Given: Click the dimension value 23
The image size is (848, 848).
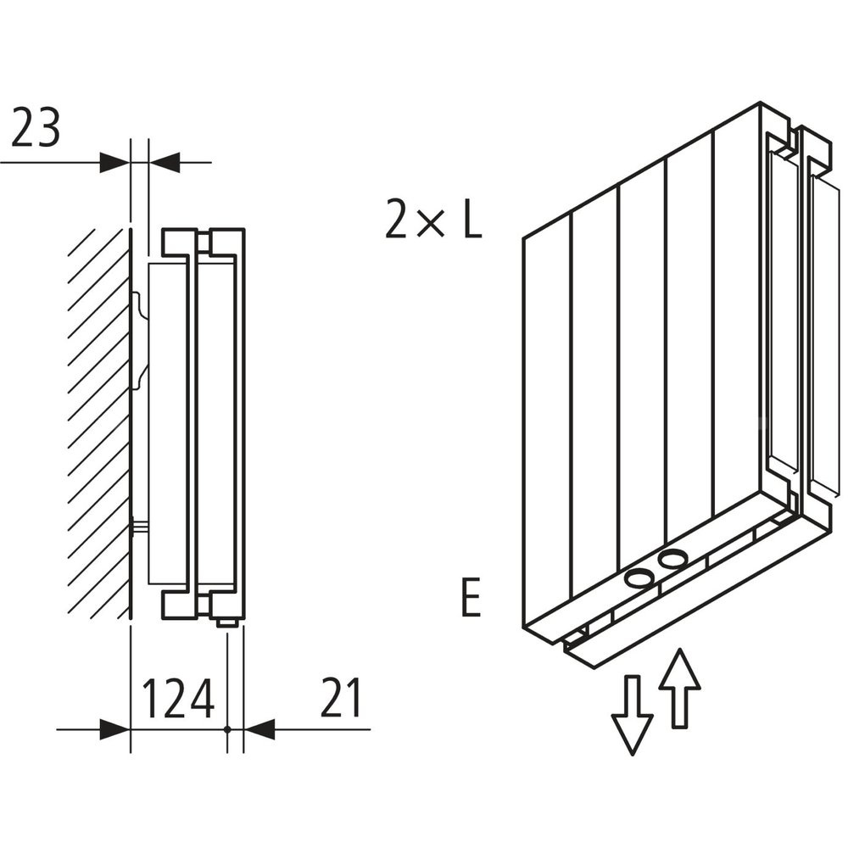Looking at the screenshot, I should click(36, 130).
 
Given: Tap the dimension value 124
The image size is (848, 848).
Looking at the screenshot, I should click(177, 699).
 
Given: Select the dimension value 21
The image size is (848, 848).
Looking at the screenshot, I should click(341, 699).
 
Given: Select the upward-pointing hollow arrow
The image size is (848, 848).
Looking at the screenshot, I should click(679, 687).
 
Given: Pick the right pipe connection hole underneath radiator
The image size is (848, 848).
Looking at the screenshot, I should click(672, 559).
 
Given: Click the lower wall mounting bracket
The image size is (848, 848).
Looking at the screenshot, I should click(139, 527).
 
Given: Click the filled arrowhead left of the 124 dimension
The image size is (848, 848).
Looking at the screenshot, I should click(114, 728).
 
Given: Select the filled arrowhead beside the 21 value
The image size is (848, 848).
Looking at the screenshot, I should click(260, 728).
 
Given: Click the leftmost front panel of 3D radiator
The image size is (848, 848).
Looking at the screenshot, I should click(547, 424).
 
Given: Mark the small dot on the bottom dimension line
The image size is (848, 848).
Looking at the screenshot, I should click(228, 728).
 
